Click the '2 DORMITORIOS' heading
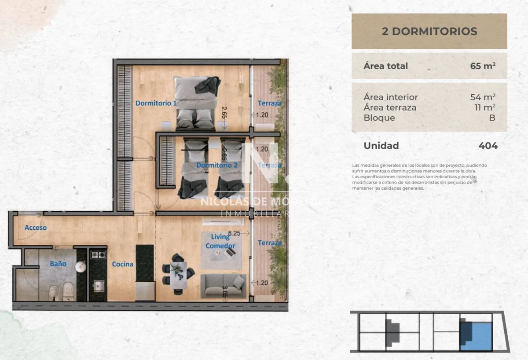429,31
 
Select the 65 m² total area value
483,66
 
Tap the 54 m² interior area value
483,97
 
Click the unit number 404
488,146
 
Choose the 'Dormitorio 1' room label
156,103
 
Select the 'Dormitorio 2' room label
217,165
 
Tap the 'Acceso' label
36,228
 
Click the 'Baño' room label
58,264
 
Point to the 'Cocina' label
122,264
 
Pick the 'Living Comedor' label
220,241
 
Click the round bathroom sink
80,266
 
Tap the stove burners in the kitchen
98,255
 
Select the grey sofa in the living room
223,286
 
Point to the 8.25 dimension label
234,233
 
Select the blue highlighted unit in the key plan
477,335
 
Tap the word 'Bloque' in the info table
379,118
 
